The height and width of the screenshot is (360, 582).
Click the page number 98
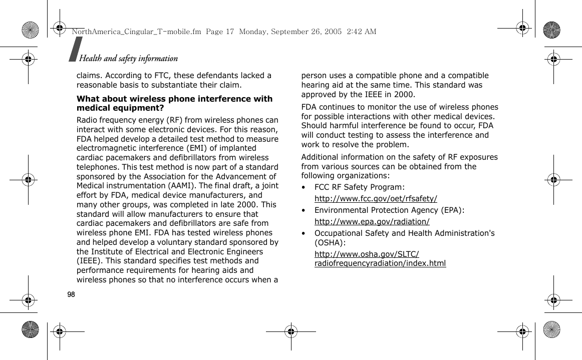(x=71, y=294)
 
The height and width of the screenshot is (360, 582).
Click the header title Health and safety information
(x=128, y=59)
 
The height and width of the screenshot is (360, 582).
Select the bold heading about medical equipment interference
(x=174, y=103)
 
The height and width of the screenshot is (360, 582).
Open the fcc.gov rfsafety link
(x=376, y=198)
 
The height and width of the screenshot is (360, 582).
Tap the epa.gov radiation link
(x=372, y=221)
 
